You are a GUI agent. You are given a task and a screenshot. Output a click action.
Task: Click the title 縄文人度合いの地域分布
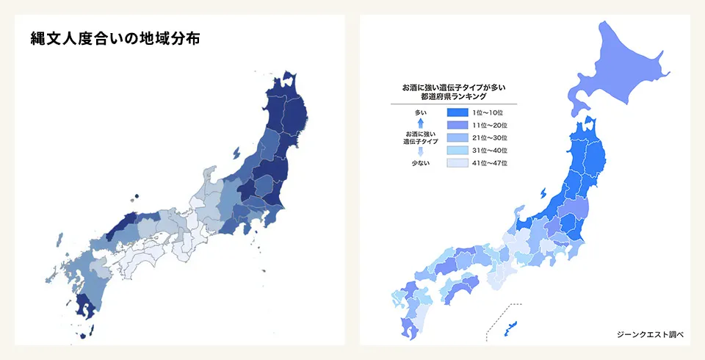pos(115,38)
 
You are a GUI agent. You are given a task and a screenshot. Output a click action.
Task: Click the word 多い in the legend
pos(420,112)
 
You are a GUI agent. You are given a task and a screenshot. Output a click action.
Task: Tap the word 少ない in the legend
pos(420,162)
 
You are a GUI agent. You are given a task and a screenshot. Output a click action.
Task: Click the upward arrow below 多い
pos(420,123)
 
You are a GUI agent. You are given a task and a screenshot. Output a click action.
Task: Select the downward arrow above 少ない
pos(420,151)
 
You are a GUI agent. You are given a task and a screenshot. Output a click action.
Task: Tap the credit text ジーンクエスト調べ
pos(651,334)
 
